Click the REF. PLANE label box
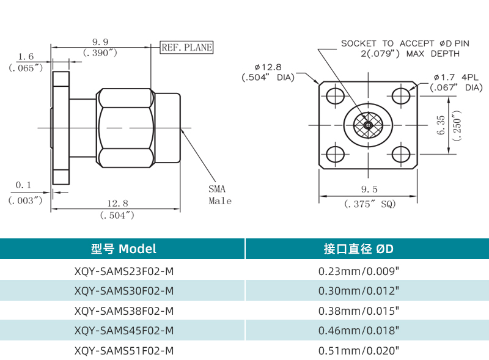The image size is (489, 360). click(x=186, y=47)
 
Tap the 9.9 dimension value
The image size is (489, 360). click(x=100, y=42)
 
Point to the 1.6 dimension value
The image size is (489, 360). click(x=26, y=56)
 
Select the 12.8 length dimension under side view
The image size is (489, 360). click(x=117, y=203)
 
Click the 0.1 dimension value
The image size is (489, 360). click(x=23, y=185)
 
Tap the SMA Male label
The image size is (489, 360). click(x=219, y=195)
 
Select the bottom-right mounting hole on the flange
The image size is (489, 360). click(x=401, y=153)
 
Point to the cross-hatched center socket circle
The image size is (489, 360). click(x=368, y=125)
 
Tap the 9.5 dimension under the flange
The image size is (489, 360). click(x=369, y=189)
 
